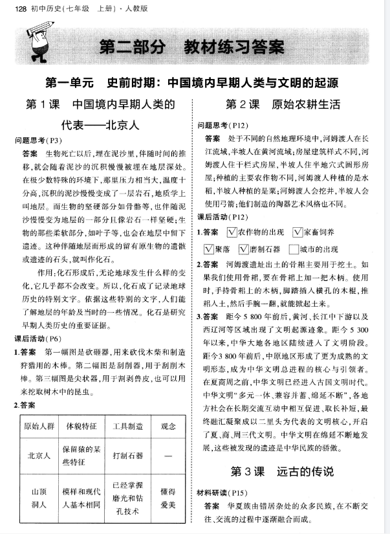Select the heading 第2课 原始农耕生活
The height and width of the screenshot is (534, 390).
coord(282,105)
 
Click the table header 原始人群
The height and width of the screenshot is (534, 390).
coord(38,427)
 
